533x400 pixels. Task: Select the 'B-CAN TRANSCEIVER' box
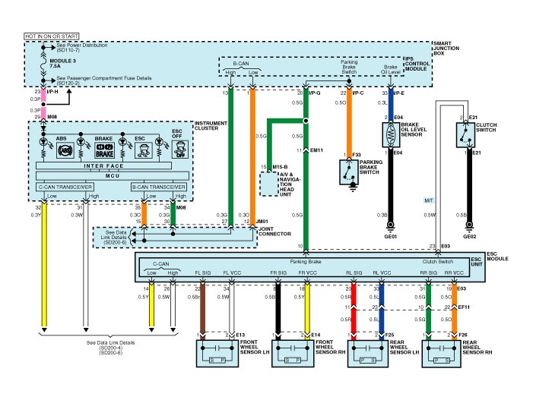pos(159,186)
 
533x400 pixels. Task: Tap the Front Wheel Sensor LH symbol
pos(217,354)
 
